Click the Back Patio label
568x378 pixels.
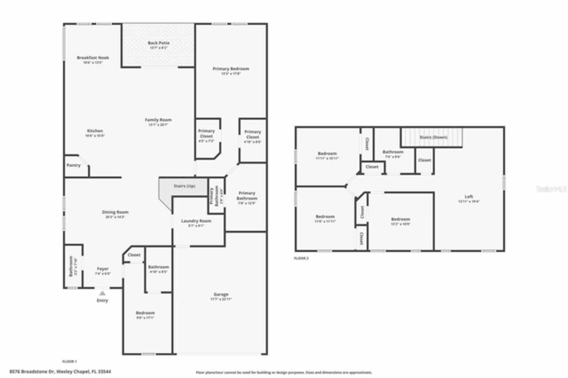coord(158,43)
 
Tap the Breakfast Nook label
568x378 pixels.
coord(93,58)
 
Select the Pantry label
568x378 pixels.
coord(74,165)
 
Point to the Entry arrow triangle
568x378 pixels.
coord(103,293)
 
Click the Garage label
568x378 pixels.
coord(221,295)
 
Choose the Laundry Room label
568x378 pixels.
coord(196,221)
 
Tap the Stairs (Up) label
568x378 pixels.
coord(184,186)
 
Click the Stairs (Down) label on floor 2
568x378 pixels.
coord(433,138)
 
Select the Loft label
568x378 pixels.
coord(469,197)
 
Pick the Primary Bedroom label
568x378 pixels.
coord(231,69)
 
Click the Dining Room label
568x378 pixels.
coord(115,212)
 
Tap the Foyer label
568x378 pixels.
coord(103,269)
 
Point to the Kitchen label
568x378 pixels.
coord(95,131)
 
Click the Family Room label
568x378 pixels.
coord(158,120)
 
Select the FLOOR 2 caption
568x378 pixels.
coord(301,258)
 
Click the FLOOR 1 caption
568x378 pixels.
coord(69,362)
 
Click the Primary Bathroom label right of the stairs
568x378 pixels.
coord(247,196)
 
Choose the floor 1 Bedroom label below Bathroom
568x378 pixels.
coord(145,313)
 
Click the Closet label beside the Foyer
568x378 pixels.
coord(134,255)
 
